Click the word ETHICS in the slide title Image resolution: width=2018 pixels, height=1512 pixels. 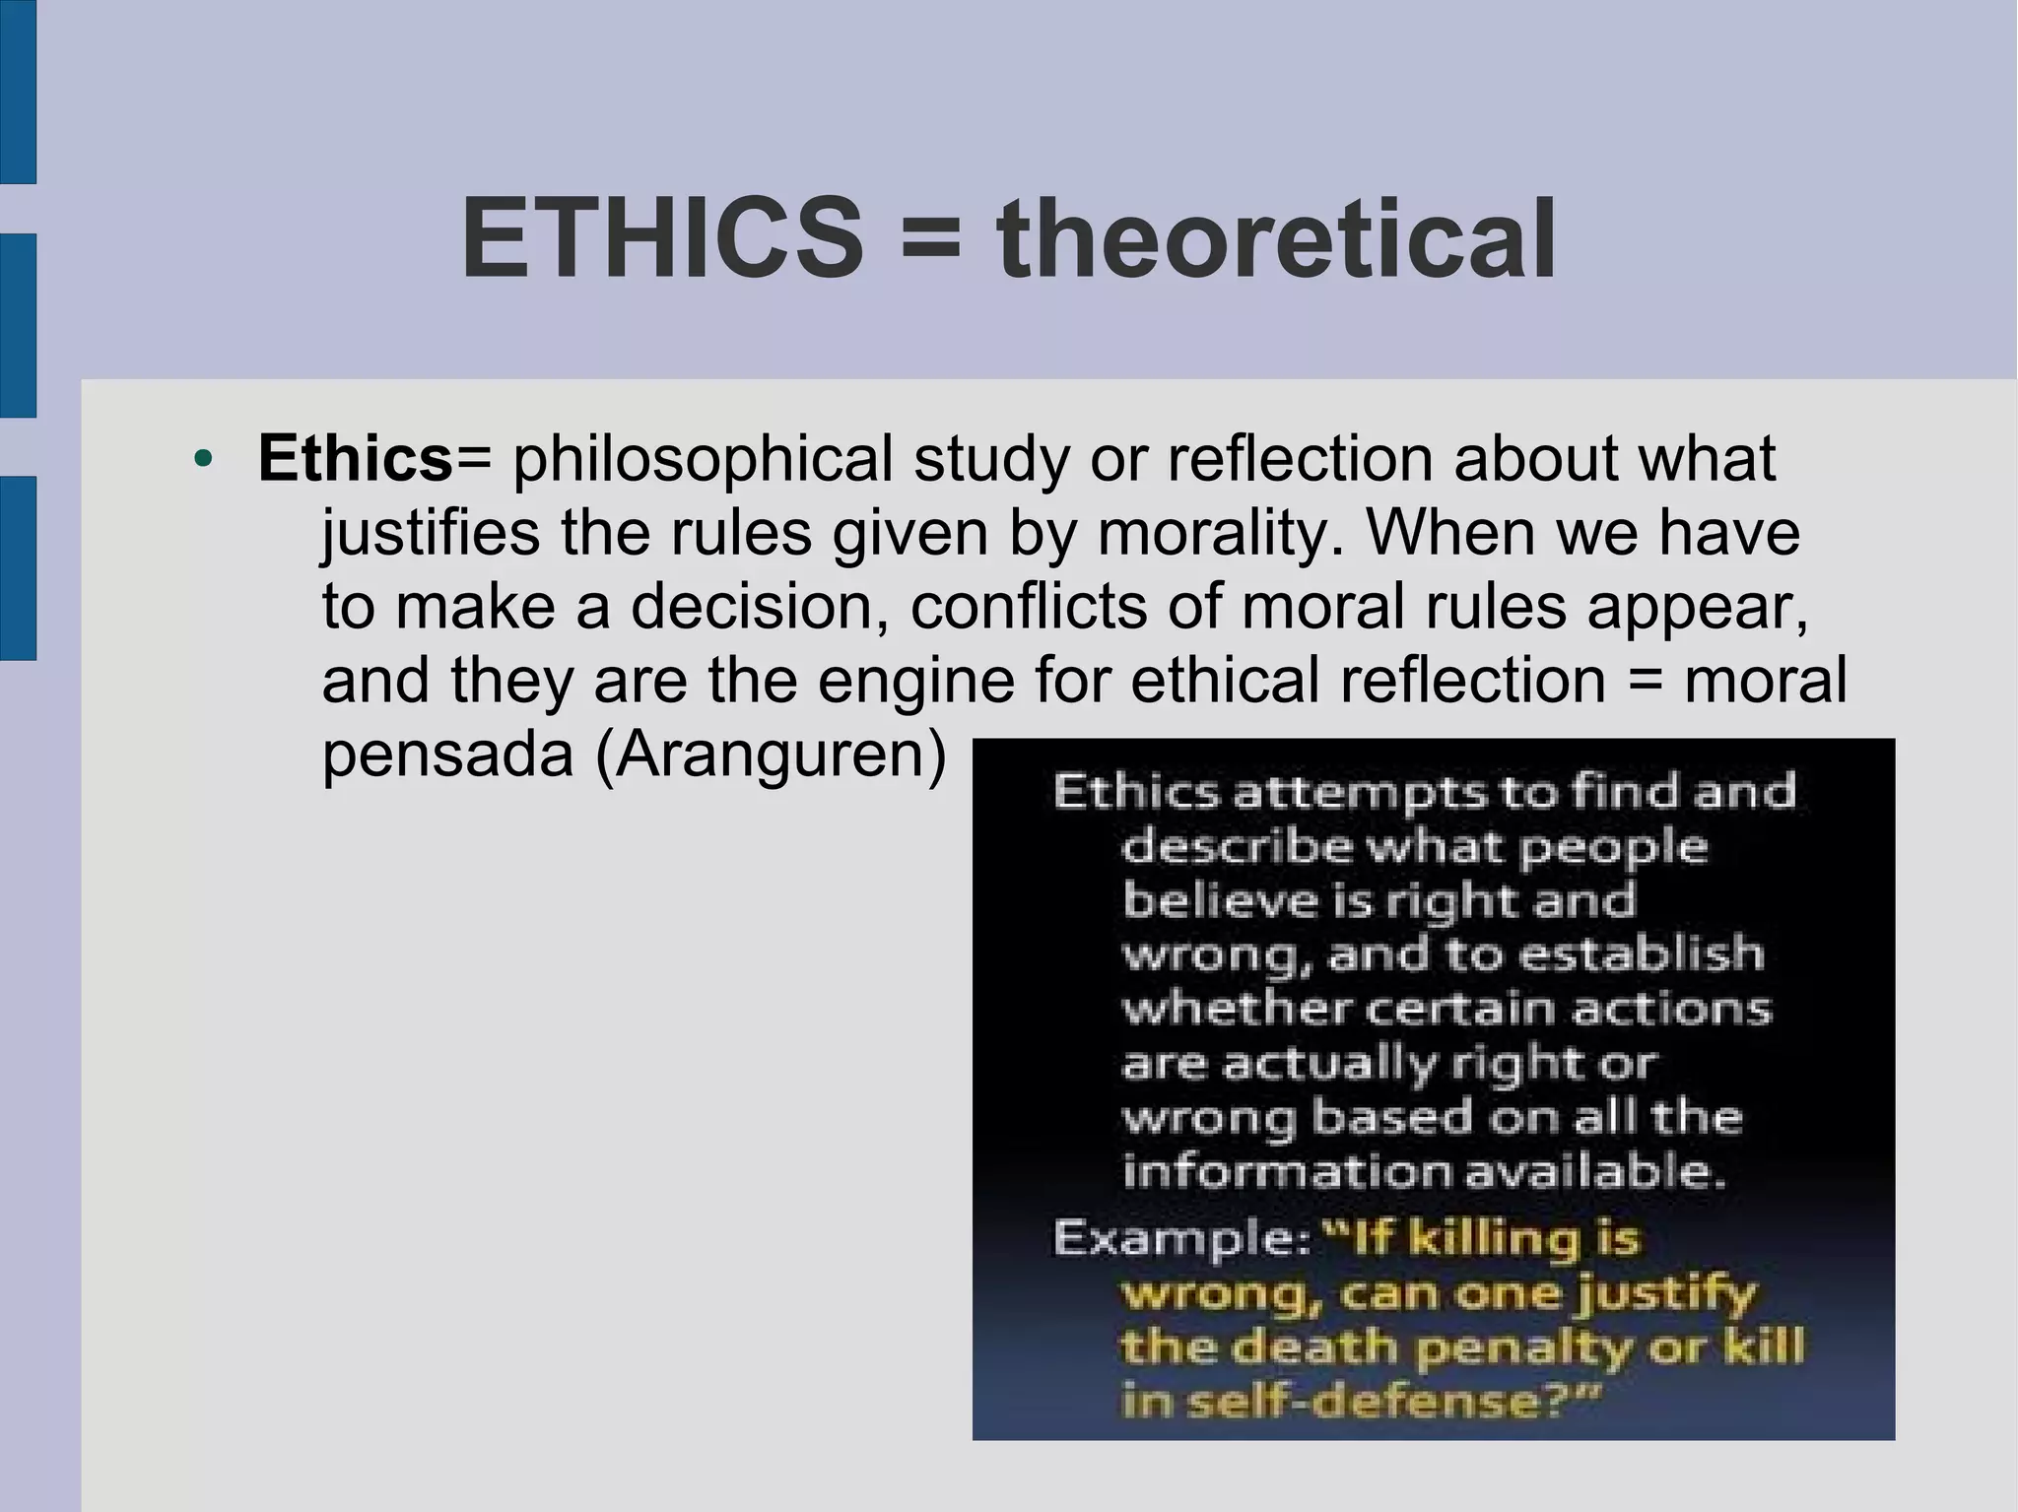point(661,239)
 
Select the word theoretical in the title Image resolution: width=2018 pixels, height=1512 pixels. point(1276,239)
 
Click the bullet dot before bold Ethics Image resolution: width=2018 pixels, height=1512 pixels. point(203,459)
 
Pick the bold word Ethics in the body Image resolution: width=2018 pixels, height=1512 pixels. point(355,458)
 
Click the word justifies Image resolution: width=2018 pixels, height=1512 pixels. point(431,535)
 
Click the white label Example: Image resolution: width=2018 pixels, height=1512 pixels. point(1180,1238)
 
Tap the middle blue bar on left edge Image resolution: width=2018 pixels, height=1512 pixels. point(18,326)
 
